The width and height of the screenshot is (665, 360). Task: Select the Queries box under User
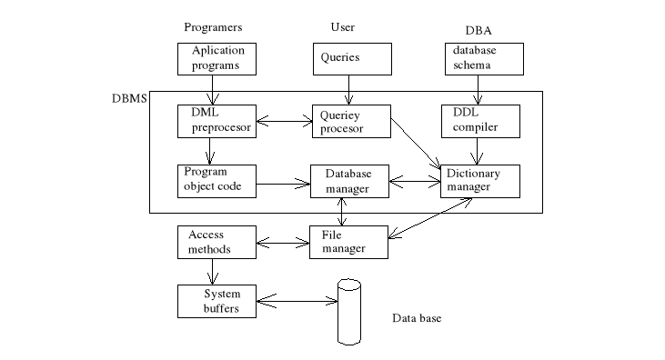tap(351, 59)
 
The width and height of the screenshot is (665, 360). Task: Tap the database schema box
tap(483, 59)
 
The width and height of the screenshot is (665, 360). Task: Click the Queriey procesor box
tap(350, 121)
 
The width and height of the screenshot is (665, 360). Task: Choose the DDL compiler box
tap(481, 120)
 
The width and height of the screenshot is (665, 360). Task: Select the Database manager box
tap(350, 181)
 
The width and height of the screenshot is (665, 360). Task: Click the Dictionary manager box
tap(481, 180)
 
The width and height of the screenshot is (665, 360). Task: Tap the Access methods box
tap(216, 241)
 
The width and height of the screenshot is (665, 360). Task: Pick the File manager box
tap(350, 242)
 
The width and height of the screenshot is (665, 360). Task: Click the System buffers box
tap(216, 300)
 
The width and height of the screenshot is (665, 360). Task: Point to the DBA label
tap(477, 28)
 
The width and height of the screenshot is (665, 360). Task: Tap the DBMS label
tap(128, 97)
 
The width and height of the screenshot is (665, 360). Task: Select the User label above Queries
tap(342, 27)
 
